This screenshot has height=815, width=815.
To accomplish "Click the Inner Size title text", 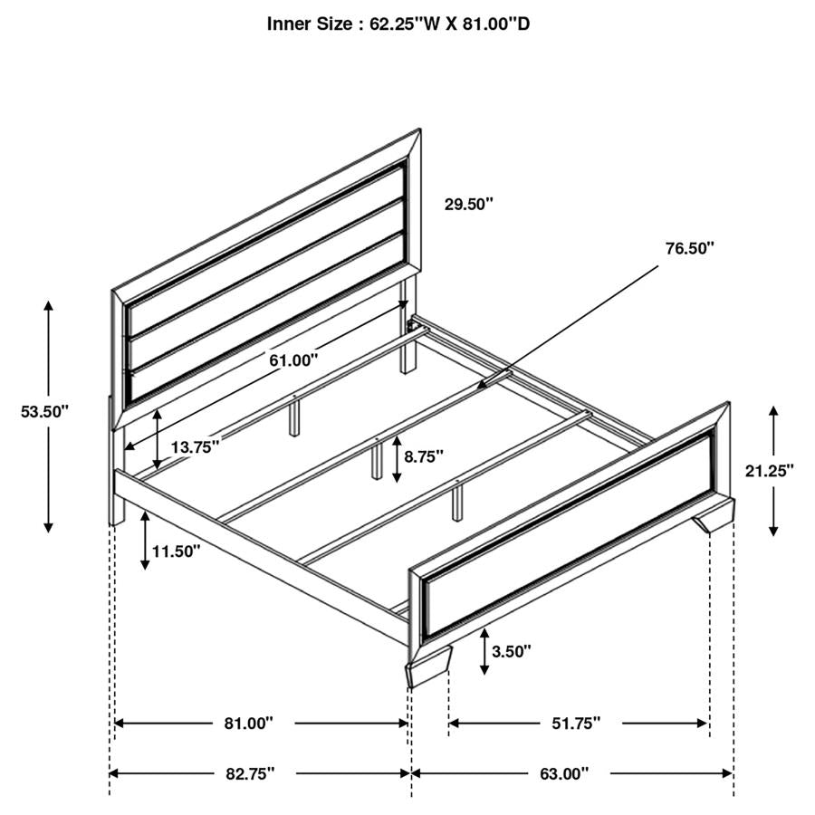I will click(x=398, y=24).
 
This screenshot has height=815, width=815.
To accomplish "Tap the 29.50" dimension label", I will click(x=468, y=204).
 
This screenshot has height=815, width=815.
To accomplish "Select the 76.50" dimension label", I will click(x=689, y=247).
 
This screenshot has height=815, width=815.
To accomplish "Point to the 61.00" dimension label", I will click(x=293, y=360).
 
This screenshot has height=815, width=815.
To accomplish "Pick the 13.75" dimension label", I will click(x=194, y=446).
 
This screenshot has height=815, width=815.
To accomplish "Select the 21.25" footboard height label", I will click(x=768, y=470).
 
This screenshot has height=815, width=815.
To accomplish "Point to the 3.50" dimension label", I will click(x=511, y=650).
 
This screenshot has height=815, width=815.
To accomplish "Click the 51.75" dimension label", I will click(x=577, y=724).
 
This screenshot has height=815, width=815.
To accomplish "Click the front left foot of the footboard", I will click(x=427, y=670).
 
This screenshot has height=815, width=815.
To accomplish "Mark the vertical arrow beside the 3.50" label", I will click(x=485, y=652).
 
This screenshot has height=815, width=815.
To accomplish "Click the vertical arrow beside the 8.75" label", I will click(x=397, y=457).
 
